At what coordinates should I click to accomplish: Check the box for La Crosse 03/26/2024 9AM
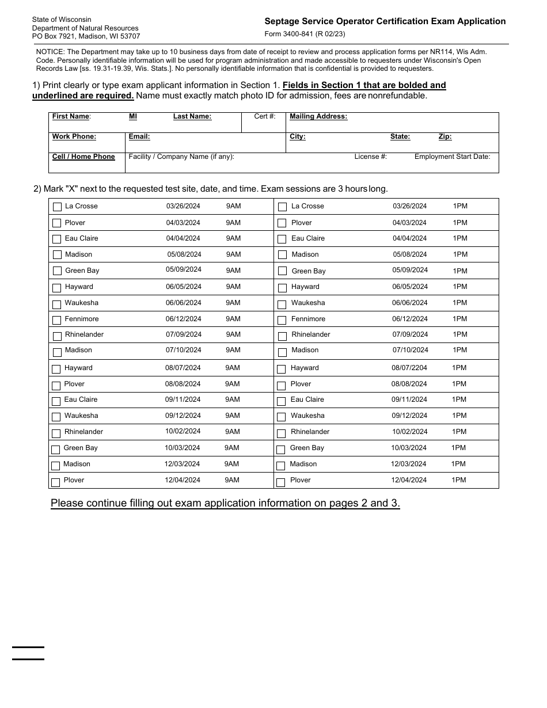(57, 207)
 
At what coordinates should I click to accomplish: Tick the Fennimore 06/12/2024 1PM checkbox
(283, 320)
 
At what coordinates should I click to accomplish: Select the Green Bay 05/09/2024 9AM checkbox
(57, 271)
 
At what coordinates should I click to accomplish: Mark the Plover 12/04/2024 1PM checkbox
(281, 482)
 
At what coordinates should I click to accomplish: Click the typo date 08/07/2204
(409, 368)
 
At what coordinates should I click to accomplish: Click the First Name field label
(71, 116)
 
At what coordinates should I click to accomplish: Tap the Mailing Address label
(318, 116)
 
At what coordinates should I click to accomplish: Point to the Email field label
(139, 136)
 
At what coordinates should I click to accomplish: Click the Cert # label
(265, 116)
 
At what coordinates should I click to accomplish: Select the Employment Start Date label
(452, 157)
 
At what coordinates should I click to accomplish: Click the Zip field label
(445, 136)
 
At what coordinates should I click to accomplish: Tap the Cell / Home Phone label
(83, 157)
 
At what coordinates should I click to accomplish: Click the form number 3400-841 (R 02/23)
(305, 34)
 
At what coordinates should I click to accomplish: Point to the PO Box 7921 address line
(86, 36)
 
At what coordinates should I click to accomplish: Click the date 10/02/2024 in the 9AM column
(183, 431)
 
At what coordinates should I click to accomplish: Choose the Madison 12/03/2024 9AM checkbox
(55, 466)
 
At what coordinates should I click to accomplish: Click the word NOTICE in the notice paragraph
(49, 52)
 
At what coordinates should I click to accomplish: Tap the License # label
(370, 157)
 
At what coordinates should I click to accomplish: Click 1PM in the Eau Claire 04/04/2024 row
(460, 238)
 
